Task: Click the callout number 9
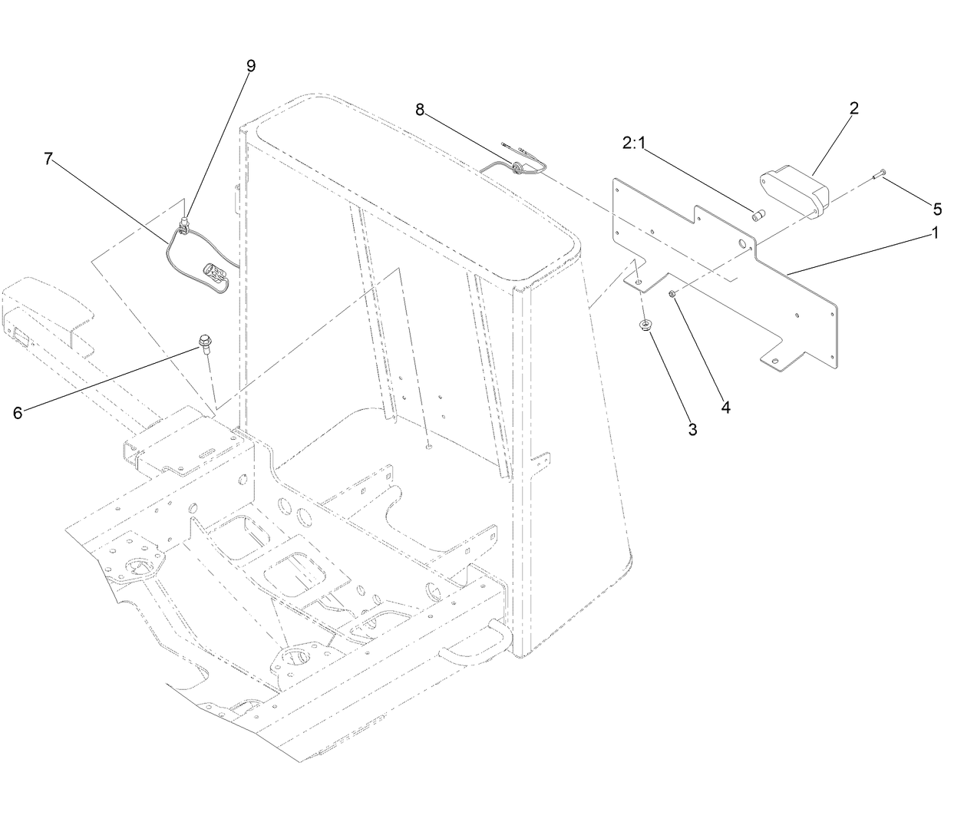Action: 250,65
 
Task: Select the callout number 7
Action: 48,159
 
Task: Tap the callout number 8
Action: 420,110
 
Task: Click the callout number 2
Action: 853,107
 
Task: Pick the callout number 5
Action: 937,209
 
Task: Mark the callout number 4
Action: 725,407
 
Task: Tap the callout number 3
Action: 692,429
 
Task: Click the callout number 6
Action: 18,412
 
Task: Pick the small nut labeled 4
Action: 672,294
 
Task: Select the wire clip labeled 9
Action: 184,226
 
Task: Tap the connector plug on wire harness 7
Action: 215,276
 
